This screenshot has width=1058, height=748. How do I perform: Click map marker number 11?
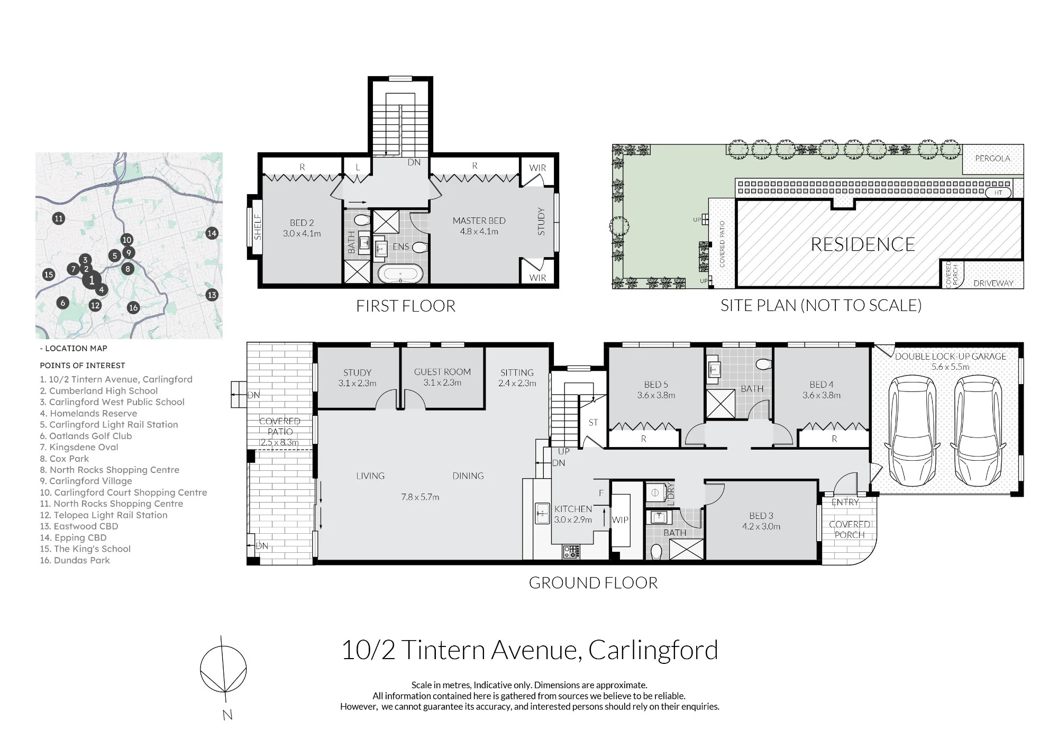(59, 218)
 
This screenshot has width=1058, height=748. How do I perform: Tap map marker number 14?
(212, 233)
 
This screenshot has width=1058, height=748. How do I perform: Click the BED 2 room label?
(302, 223)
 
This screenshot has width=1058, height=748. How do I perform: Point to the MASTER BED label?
(479, 221)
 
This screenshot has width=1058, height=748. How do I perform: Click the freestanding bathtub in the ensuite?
(400, 273)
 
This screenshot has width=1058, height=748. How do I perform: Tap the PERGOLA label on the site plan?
(992, 158)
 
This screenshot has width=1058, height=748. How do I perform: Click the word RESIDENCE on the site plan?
(863, 244)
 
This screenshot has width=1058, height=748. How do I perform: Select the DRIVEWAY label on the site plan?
(993, 283)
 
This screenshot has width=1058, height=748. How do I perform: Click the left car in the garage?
(913, 431)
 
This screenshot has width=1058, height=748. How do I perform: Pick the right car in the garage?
(978, 431)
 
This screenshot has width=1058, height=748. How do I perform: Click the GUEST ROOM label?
(442, 372)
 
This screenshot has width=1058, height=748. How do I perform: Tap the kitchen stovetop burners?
(571, 552)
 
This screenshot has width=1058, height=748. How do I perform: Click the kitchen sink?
(542, 513)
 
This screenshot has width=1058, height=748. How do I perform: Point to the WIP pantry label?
(620, 520)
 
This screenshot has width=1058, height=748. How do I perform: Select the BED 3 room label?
(761, 516)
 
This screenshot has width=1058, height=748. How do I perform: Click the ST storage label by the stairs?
(593, 423)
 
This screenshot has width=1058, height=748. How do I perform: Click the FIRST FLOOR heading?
(406, 306)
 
